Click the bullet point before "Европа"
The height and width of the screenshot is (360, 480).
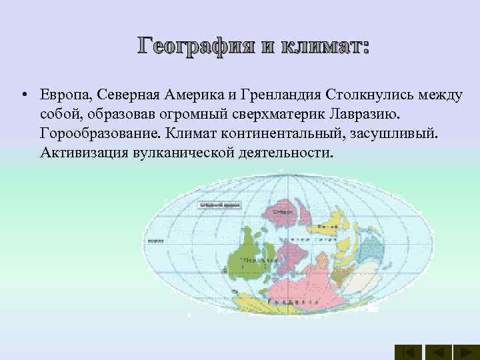[x=23, y=96]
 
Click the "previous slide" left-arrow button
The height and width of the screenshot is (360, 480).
[x=439, y=351]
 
